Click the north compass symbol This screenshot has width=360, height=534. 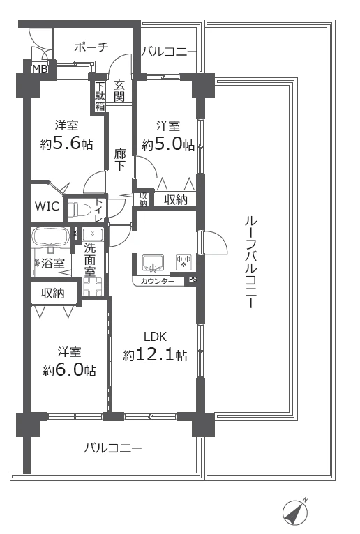[295, 513]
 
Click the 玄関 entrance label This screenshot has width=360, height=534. [120, 91]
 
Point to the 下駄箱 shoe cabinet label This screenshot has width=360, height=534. [100, 96]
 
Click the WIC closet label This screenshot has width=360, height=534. [47, 207]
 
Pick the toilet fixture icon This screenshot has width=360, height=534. [79, 208]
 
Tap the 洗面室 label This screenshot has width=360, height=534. [90, 257]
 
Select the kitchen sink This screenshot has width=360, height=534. [153, 263]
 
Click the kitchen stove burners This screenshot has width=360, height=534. [184, 262]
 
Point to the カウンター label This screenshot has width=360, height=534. [158, 282]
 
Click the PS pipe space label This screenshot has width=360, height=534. [191, 281]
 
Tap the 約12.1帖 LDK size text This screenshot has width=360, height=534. [155, 355]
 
